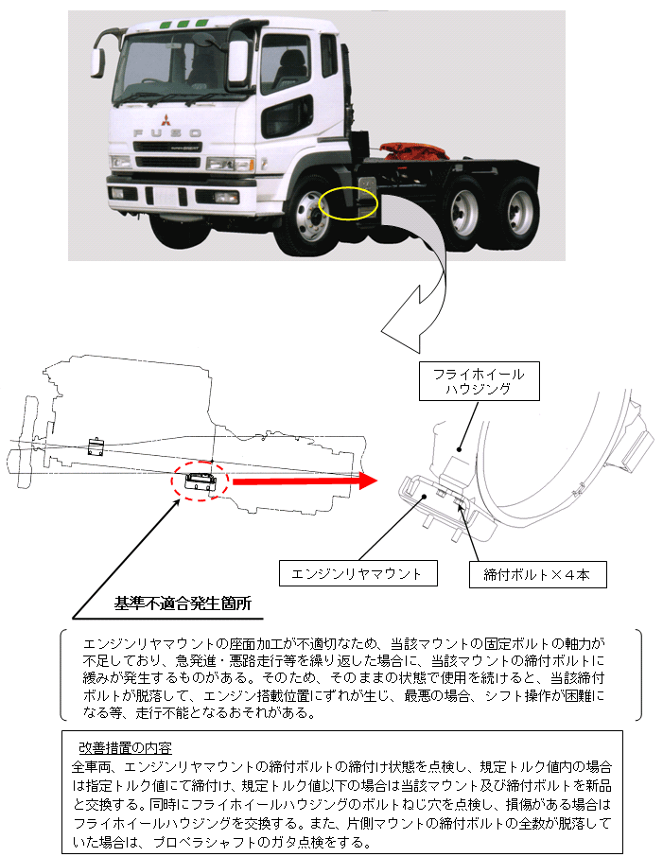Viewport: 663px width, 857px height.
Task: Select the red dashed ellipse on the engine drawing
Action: (201, 481)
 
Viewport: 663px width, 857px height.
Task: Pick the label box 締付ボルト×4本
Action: (536, 573)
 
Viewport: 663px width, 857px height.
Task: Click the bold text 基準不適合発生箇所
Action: (183, 603)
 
